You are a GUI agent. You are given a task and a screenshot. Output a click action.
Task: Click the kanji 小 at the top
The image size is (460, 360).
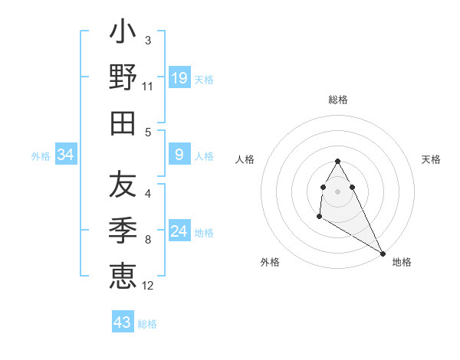pyautogui.click(x=123, y=35)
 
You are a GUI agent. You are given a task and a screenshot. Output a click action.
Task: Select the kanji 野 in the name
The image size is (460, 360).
pyautogui.click(x=123, y=78)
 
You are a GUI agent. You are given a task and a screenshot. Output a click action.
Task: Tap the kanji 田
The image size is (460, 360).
pyautogui.click(x=123, y=123)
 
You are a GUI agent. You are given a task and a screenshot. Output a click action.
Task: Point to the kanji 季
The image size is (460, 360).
pyautogui.click(x=123, y=230)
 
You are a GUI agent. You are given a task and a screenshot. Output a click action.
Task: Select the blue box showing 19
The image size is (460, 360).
pyautogui.click(x=179, y=77)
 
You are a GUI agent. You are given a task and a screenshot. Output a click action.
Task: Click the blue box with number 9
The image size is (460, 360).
pyautogui.click(x=179, y=155)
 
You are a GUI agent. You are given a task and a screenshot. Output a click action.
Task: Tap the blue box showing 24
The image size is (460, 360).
pyautogui.click(x=179, y=231)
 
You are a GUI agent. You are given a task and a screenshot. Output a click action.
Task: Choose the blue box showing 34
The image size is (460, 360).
pyautogui.click(x=66, y=155)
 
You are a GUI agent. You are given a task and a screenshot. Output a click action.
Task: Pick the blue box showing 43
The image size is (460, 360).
pyautogui.click(x=122, y=322)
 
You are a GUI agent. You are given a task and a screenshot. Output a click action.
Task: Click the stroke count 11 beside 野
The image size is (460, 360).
pyautogui.click(x=148, y=86)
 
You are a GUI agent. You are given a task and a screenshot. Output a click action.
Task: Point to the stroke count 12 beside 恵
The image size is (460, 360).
pyautogui.click(x=148, y=286)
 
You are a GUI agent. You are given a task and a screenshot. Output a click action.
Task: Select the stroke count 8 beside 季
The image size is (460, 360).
pyautogui.click(x=148, y=240)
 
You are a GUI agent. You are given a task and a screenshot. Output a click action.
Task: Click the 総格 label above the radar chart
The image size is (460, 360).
pyautogui.click(x=338, y=100)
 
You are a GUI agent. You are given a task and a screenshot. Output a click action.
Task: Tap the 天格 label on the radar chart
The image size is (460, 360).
pyautogui.click(x=432, y=159)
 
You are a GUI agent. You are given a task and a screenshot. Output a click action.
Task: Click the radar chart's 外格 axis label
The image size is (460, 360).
pyautogui.click(x=270, y=262)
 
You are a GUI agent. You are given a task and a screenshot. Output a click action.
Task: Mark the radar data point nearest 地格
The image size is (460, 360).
pyautogui.click(x=383, y=254)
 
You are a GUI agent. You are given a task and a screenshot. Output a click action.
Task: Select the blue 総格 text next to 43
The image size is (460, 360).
pyautogui.click(x=147, y=324)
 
